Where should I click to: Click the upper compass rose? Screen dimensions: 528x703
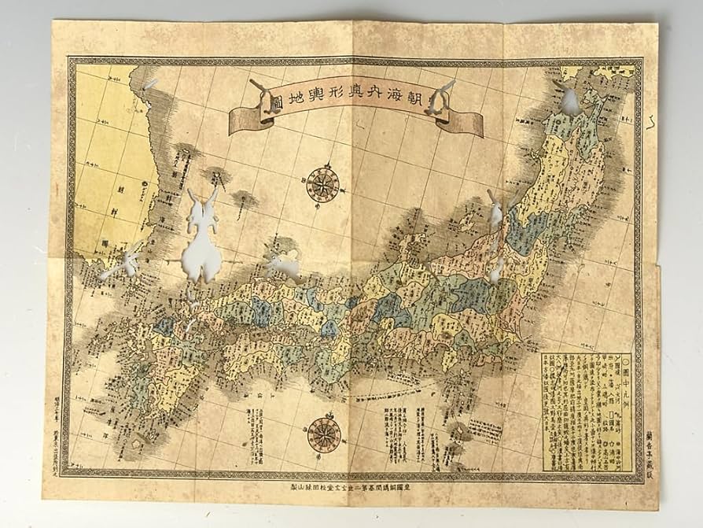tap(322, 183)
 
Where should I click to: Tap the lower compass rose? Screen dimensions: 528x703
tap(323, 434)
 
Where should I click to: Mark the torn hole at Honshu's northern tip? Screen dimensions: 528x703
tap(568, 98)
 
